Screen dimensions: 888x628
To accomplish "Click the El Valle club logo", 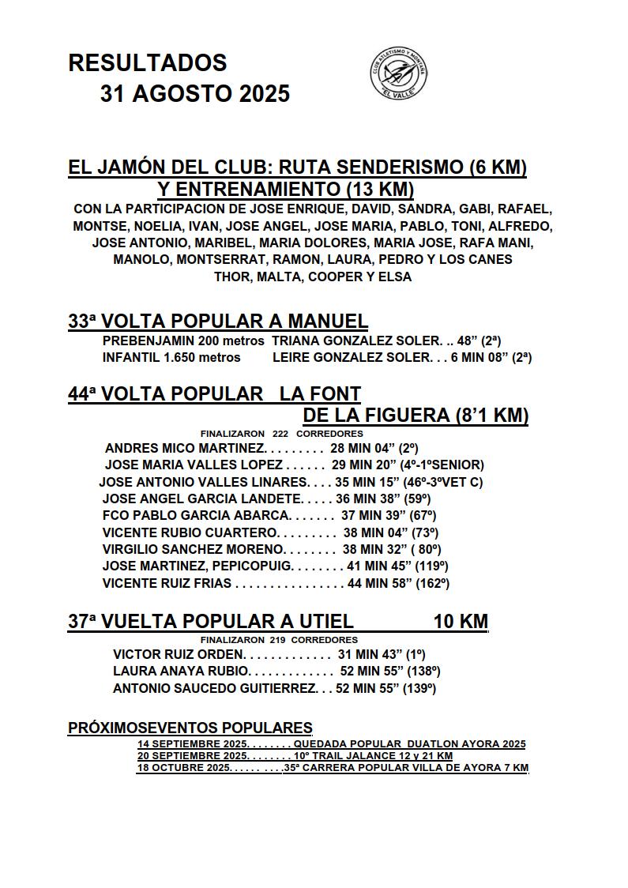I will tap(399, 73).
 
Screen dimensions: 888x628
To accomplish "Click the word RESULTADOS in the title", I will tap(148, 63).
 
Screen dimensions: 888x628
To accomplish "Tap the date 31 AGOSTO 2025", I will tap(194, 94).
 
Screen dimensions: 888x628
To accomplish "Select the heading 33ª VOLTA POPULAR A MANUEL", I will tap(218, 322).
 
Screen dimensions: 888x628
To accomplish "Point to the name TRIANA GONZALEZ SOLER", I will tap(356, 341).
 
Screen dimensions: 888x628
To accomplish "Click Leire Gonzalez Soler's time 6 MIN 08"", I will tap(481, 357).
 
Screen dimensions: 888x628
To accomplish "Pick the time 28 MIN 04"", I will tap(362, 448).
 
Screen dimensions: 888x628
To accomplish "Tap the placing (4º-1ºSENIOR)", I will tap(441, 465).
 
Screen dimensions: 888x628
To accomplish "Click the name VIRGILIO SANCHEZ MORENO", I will tap(193, 549).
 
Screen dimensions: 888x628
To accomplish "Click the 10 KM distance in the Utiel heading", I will tap(461, 622).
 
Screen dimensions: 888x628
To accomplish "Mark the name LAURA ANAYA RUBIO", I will tap(181, 672).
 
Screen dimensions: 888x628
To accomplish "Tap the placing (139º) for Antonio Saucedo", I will tap(422, 688).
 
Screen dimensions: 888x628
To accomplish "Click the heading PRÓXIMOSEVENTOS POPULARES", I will tap(190, 728).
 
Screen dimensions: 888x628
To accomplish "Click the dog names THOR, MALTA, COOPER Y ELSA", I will tap(313, 277).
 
